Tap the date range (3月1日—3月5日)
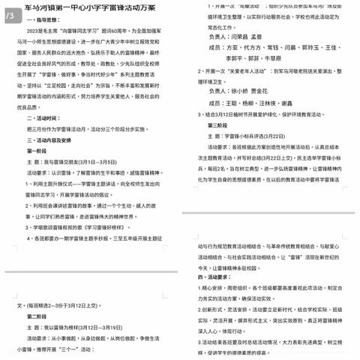[x=95, y=162]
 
